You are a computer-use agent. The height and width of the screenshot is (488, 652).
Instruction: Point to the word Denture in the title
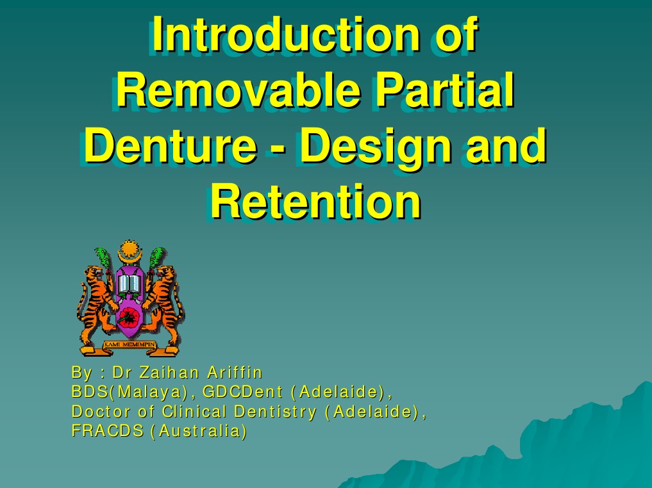[x=169, y=146]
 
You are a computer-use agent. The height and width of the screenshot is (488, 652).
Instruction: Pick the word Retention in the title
[x=315, y=202]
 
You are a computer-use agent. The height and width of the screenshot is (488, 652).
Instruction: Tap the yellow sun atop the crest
[x=130, y=248]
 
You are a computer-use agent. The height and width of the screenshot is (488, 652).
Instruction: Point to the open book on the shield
[x=130, y=283]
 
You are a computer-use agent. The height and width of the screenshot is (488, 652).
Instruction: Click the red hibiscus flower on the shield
[x=130, y=314]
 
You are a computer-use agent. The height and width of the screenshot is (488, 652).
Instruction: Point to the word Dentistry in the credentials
[x=275, y=411]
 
